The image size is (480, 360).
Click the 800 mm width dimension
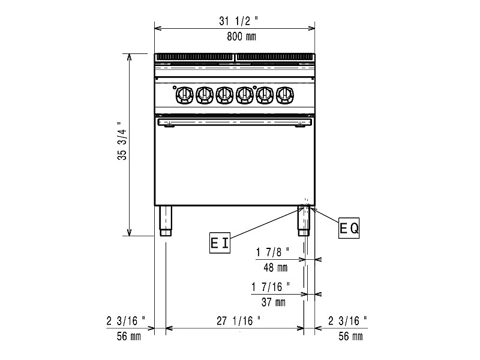tap(241, 37)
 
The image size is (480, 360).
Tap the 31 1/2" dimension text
tap(238, 21)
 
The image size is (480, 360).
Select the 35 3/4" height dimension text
tap(122, 141)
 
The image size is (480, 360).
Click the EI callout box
tap(220, 243)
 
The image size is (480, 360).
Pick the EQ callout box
tap(349, 228)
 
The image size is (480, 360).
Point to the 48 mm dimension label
tap(275, 268)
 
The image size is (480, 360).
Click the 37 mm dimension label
tap(274, 302)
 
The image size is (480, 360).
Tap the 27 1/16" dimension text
tap(239, 321)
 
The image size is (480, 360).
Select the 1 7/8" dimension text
tap(272, 252)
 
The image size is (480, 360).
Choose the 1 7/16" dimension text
tap(271, 287)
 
